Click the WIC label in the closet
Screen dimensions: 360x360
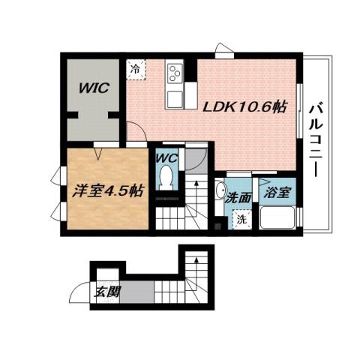[95, 88]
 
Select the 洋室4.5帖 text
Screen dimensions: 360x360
[109, 190]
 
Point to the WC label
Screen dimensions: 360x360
[166, 159]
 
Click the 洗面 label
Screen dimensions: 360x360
[238, 198]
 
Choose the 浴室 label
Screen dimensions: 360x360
[275, 193]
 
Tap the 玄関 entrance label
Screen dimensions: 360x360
[105, 291]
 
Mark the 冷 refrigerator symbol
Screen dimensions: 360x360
[136, 69]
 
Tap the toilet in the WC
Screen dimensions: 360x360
[165, 180]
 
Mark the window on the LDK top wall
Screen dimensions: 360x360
[223, 52]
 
